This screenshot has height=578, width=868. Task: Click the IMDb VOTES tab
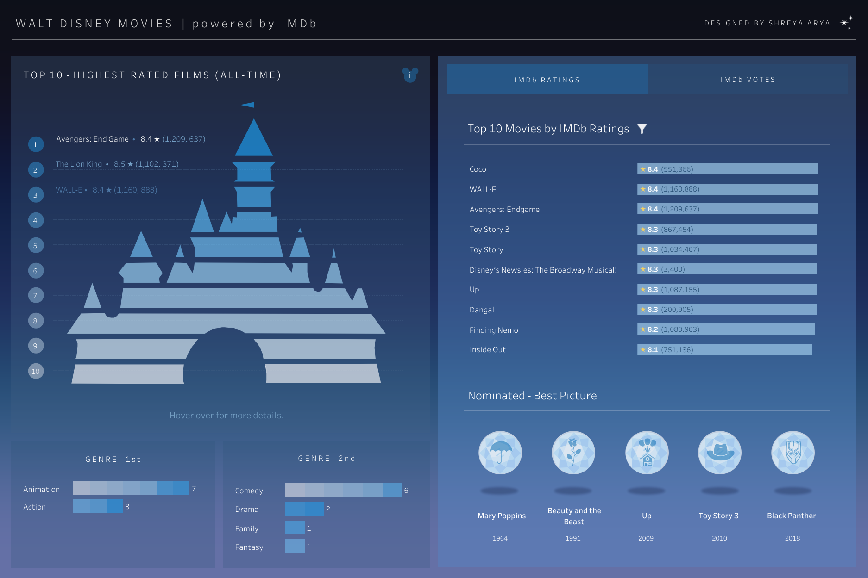click(748, 80)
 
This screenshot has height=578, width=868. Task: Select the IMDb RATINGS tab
click(547, 80)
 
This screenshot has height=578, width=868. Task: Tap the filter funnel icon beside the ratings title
click(642, 129)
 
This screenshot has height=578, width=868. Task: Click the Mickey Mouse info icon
click(410, 75)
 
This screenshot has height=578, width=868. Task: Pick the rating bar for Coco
click(727, 169)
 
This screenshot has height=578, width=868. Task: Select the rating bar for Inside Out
click(724, 349)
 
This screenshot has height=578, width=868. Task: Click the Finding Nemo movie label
click(494, 330)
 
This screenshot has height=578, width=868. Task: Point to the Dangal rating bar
click(727, 310)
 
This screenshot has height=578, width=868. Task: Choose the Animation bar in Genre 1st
click(131, 488)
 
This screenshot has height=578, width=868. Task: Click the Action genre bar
click(98, 506)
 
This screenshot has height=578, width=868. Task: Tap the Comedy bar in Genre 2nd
click(343, 490)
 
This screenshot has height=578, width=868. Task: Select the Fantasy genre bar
click(295, 547)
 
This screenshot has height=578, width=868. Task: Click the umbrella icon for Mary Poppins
click(500, 453)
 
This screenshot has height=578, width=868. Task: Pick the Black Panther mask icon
click(793, 453)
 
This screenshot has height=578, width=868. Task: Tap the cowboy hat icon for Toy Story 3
click(720, 453)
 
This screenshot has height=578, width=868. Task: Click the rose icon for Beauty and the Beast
click(573, 453)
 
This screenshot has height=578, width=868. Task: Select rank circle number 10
click(36, 371)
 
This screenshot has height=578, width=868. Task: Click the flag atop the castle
click(248, 105)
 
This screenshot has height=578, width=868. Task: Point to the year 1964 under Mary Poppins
click(500, 538)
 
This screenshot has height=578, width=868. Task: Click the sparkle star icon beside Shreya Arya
click(846, 23)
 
